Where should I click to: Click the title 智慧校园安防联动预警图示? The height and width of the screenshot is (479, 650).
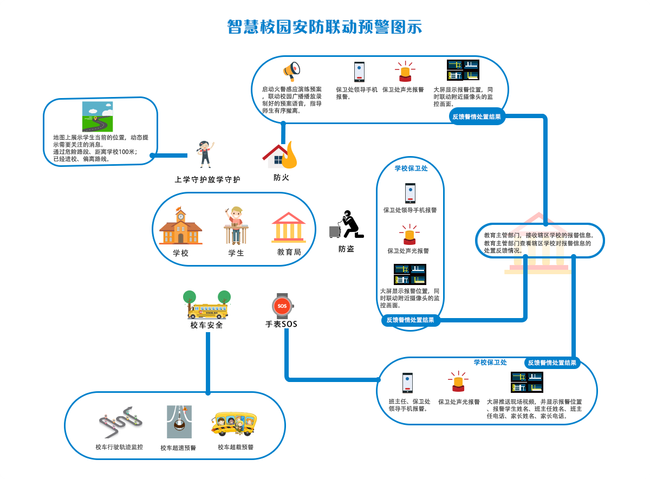(324, 27)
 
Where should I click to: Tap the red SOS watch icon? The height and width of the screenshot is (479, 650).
(282, 306)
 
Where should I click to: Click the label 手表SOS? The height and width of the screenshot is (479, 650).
(281, 325)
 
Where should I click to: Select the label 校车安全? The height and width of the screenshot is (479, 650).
(206, 326)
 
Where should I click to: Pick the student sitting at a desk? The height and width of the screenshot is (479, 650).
(236, 225)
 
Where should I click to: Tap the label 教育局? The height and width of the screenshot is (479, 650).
(289, 253)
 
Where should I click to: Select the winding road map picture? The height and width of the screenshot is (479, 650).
(97, 116)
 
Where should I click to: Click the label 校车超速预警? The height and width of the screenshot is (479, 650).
(178, 448)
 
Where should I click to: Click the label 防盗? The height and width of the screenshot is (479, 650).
(346, 249)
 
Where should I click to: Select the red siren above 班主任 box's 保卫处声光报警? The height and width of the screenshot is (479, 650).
(458, 381)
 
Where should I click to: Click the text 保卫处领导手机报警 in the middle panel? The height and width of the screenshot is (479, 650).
(410, 210)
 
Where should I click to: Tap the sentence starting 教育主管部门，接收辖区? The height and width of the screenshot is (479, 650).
(539, 236)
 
